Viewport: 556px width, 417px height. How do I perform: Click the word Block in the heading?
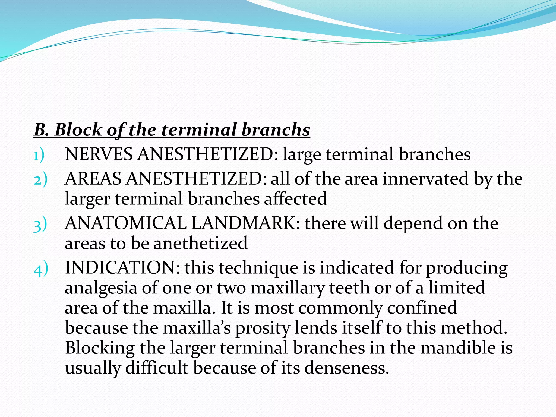[x=78, y=130]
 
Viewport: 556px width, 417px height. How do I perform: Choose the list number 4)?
[x=41, y=269]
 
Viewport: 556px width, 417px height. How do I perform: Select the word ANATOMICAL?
[x=125, y=223]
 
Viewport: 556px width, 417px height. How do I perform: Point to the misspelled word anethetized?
[x=200, y=243]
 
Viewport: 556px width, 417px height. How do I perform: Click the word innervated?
[x=425, y=179]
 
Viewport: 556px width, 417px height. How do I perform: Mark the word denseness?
[x=346, y=368]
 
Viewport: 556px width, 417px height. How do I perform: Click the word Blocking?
[x=100, y=348]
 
